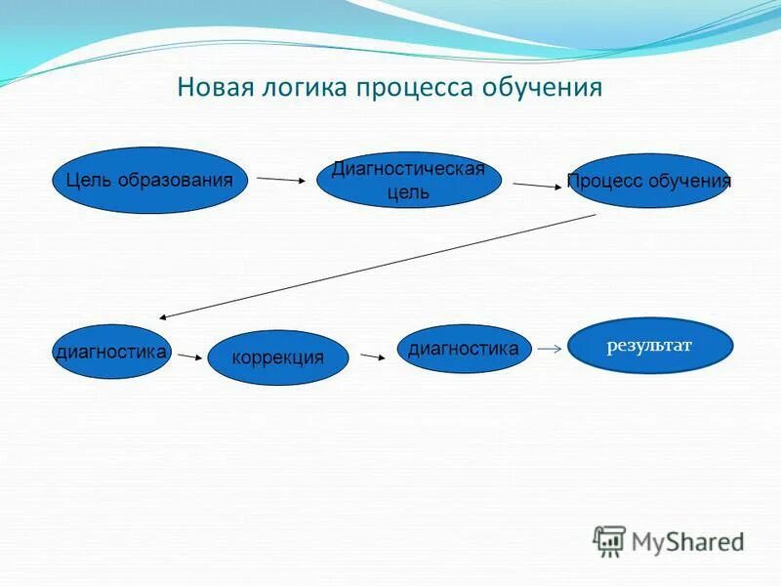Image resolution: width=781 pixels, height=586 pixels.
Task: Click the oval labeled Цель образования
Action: tap(149, 181)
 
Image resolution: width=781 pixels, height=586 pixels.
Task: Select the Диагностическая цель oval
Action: tap(408, 181)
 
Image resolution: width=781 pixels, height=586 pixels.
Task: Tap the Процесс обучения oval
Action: tap(649, 182)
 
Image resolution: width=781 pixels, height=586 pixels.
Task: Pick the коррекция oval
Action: tap(277, 357)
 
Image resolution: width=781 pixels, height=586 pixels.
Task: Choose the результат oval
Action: tap(650, 344)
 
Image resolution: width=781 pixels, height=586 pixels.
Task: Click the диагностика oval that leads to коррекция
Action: tap(110, 352)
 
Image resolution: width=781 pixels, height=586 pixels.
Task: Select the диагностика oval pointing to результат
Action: tap(464, 349)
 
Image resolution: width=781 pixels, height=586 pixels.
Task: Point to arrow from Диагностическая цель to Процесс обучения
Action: tap(535, 184)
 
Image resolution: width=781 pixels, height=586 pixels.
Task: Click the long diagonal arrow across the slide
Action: tap(377, 266)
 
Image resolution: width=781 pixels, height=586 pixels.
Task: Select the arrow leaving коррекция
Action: tap(372, 357)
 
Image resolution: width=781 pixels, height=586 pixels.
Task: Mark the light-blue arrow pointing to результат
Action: tap(550, 348)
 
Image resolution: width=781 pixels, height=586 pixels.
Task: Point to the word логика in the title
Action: tap(306, 88)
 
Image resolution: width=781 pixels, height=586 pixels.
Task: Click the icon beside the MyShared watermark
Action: tap(609, 540)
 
